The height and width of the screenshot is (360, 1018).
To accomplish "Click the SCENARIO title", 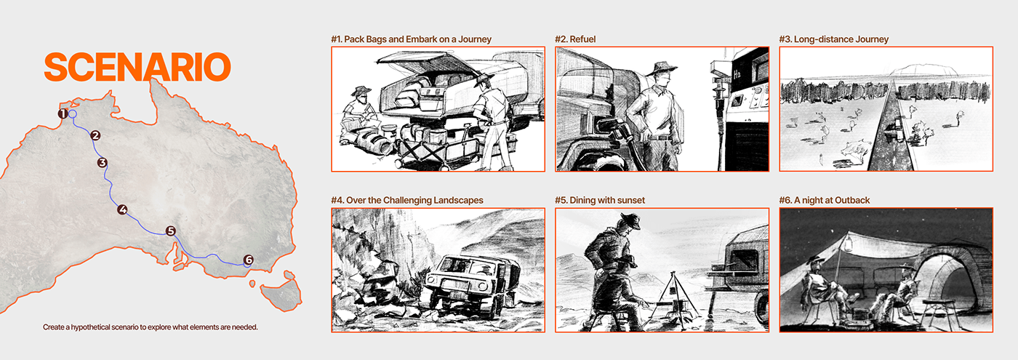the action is click(x=137, y=67).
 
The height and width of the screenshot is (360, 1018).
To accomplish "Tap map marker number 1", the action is click(x=63, y=113).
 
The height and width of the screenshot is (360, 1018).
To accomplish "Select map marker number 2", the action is click(x=95, y=135).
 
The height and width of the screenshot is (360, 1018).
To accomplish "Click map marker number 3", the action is click(x=103, y=163).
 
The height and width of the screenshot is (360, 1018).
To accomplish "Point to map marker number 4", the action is click(x=122, y=210).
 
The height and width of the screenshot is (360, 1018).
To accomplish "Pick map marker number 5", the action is click(x=170, y=231).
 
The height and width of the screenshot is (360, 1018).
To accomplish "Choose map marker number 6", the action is click(x=248, y=260).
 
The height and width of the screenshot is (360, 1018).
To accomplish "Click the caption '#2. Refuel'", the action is click(x=575, y=39).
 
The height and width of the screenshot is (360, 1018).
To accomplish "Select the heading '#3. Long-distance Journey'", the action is click(x=834, y=39).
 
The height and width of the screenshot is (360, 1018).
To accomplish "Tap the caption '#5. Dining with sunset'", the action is click(x=600, y=201).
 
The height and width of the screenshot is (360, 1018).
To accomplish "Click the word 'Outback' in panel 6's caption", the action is click(x=852, y=201).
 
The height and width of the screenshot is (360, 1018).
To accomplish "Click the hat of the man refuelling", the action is click(x=661, y=68).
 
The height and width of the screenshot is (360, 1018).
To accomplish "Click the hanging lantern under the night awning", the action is click(x=848, y=246).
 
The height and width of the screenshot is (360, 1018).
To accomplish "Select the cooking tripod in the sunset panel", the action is click(x=673, y=295).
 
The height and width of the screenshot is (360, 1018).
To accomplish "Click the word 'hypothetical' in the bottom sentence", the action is click(x=93, y=327).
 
